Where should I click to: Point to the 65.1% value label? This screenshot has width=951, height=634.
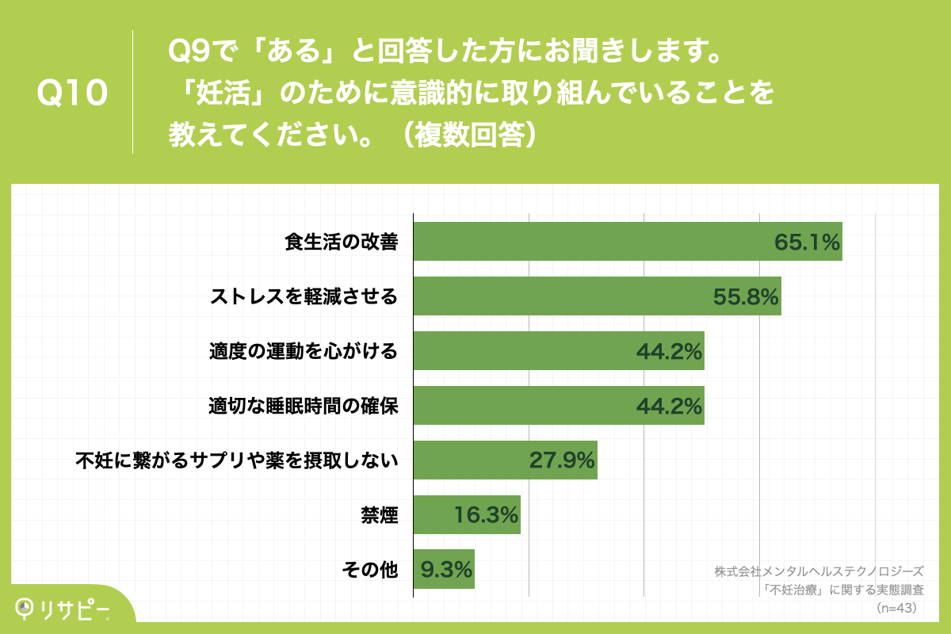tap(807, 243)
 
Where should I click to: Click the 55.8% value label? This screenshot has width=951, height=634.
tap(747, 297)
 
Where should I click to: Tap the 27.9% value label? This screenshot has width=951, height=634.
tap(562, 460)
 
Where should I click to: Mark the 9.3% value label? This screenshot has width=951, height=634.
tap(446, 569)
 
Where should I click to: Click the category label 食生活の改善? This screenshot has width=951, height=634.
tap(342, 243)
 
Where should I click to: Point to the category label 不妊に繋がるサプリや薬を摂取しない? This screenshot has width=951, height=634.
tap(236, 460)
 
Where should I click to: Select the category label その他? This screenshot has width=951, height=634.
tap(370, 569)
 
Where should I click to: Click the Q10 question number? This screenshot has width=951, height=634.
tap(71, 94)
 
